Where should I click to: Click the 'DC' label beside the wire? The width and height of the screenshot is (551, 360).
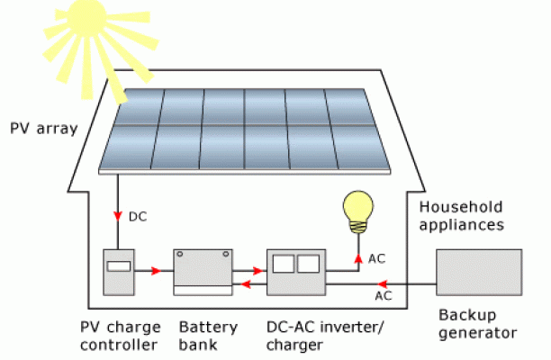coord(138,216)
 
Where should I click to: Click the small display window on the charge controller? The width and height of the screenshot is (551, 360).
coord(119,266)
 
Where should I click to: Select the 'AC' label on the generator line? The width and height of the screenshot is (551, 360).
coord(383,295)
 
